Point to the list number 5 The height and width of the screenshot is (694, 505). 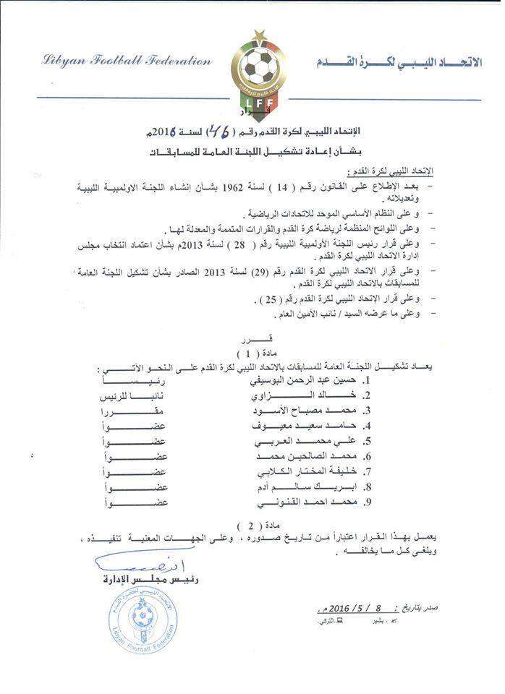(x=368, y=441)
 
